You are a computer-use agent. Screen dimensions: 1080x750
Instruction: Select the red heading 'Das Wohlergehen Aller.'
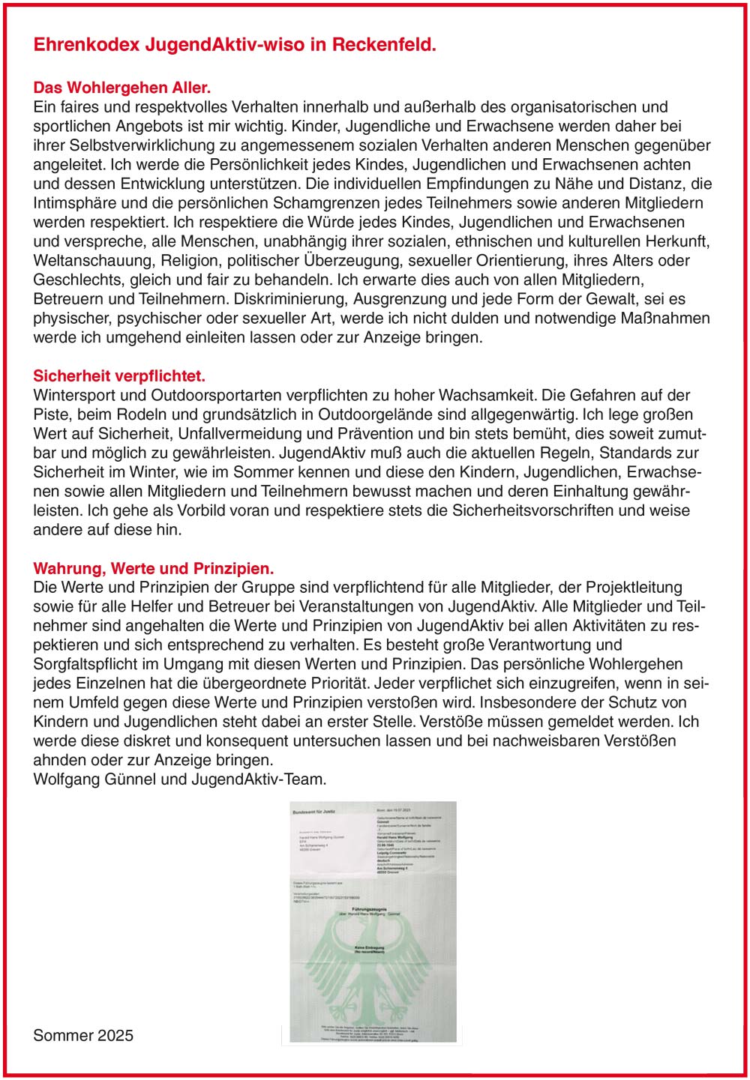[122, 88]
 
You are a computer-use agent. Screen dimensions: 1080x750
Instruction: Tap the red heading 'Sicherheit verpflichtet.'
[119, 375]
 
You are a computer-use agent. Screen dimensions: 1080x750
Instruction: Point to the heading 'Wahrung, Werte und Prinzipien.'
[153, 568]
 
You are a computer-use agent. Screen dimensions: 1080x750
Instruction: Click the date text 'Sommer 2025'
[83, 1035]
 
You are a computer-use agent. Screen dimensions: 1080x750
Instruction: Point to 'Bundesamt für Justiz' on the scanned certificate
[313, 812]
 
